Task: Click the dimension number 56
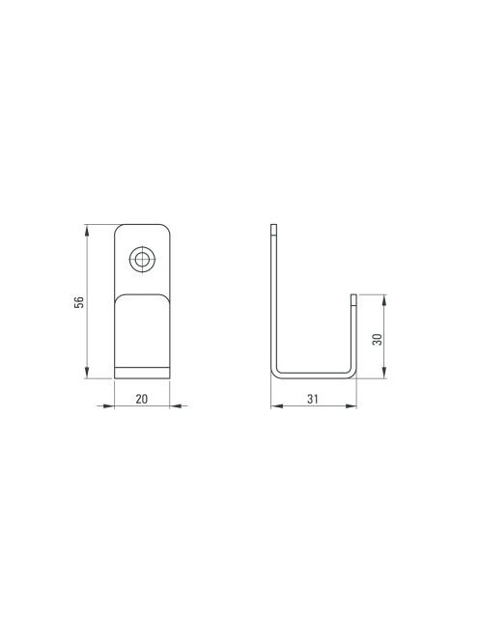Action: point(79,302)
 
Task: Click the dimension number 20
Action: point(142,399)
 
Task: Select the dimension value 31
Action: point(313,399)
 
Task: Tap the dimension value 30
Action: point(378,339)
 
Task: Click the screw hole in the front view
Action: point(142,259)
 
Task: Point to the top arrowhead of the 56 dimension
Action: point(87,230)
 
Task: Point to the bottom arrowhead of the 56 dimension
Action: point(87,373)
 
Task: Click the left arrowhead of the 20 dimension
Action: point(108,406)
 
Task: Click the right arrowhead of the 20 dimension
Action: point(176,406)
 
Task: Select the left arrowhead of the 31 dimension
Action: point(277,406)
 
